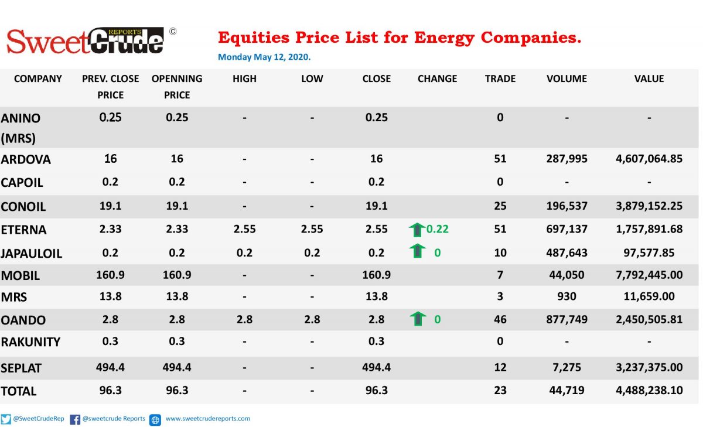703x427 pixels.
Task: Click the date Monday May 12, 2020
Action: pos(264,57)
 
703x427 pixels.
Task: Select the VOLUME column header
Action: pos(567,78)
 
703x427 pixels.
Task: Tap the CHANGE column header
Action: pos(437,78)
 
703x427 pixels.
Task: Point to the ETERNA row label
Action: pos(23,230)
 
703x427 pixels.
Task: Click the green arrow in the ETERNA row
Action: pos(417,230)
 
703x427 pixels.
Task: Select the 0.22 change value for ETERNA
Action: pos(438,229)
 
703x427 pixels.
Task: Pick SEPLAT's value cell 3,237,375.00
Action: pos(649,367)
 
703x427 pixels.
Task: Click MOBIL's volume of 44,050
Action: pos(567,275)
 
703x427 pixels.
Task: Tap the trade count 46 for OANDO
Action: pos(500,319)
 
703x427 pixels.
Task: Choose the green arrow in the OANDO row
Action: pos(418,319)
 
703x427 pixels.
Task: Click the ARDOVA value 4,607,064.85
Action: pos(649,159)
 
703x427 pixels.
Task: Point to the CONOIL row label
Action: pos(23,207)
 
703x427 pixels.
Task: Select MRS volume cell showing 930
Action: pos(567,296)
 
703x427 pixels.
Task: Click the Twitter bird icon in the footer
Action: pos(6,419)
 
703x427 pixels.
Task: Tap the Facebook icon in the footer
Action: pos(75,419)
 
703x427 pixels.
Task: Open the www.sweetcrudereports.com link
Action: pos(208,419)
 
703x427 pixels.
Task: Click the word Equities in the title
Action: pos(254,37)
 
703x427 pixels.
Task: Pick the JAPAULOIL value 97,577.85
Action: pos(649,252)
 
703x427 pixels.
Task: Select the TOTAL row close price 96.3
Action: pos(377,390)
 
